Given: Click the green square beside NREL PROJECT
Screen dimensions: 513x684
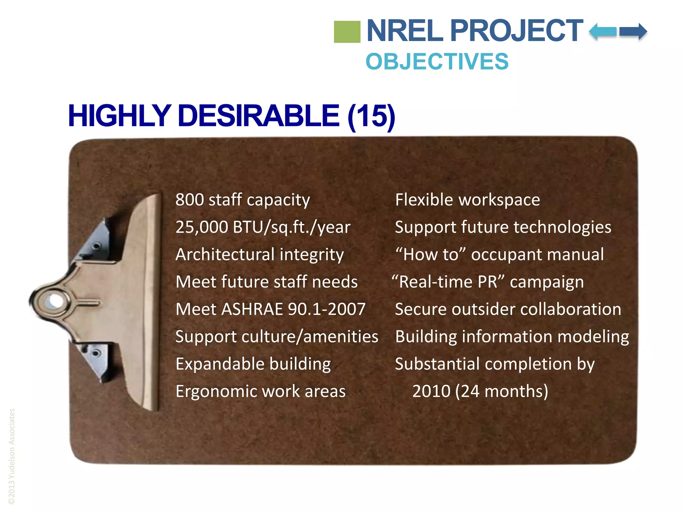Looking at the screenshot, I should click(x=347, y=32).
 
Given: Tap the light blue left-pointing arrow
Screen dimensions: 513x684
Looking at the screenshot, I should click(x=603, y=32).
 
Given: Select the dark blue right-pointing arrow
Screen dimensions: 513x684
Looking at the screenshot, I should click(x=634, y=32).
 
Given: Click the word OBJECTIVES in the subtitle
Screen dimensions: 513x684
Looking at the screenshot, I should click(x=437, y=62).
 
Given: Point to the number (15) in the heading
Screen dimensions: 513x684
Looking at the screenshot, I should click(x=371, y=116).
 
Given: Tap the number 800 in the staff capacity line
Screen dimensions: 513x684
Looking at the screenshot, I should click(x=189, y=200).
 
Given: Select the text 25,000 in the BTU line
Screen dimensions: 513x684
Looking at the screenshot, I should click(x=202, y=227).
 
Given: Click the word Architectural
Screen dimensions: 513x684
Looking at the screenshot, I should click(x=224, y=254).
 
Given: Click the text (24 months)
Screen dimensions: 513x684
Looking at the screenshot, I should click(x=502, y=391).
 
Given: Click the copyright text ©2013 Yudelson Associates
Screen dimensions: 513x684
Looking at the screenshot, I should click(x=12, y=456).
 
